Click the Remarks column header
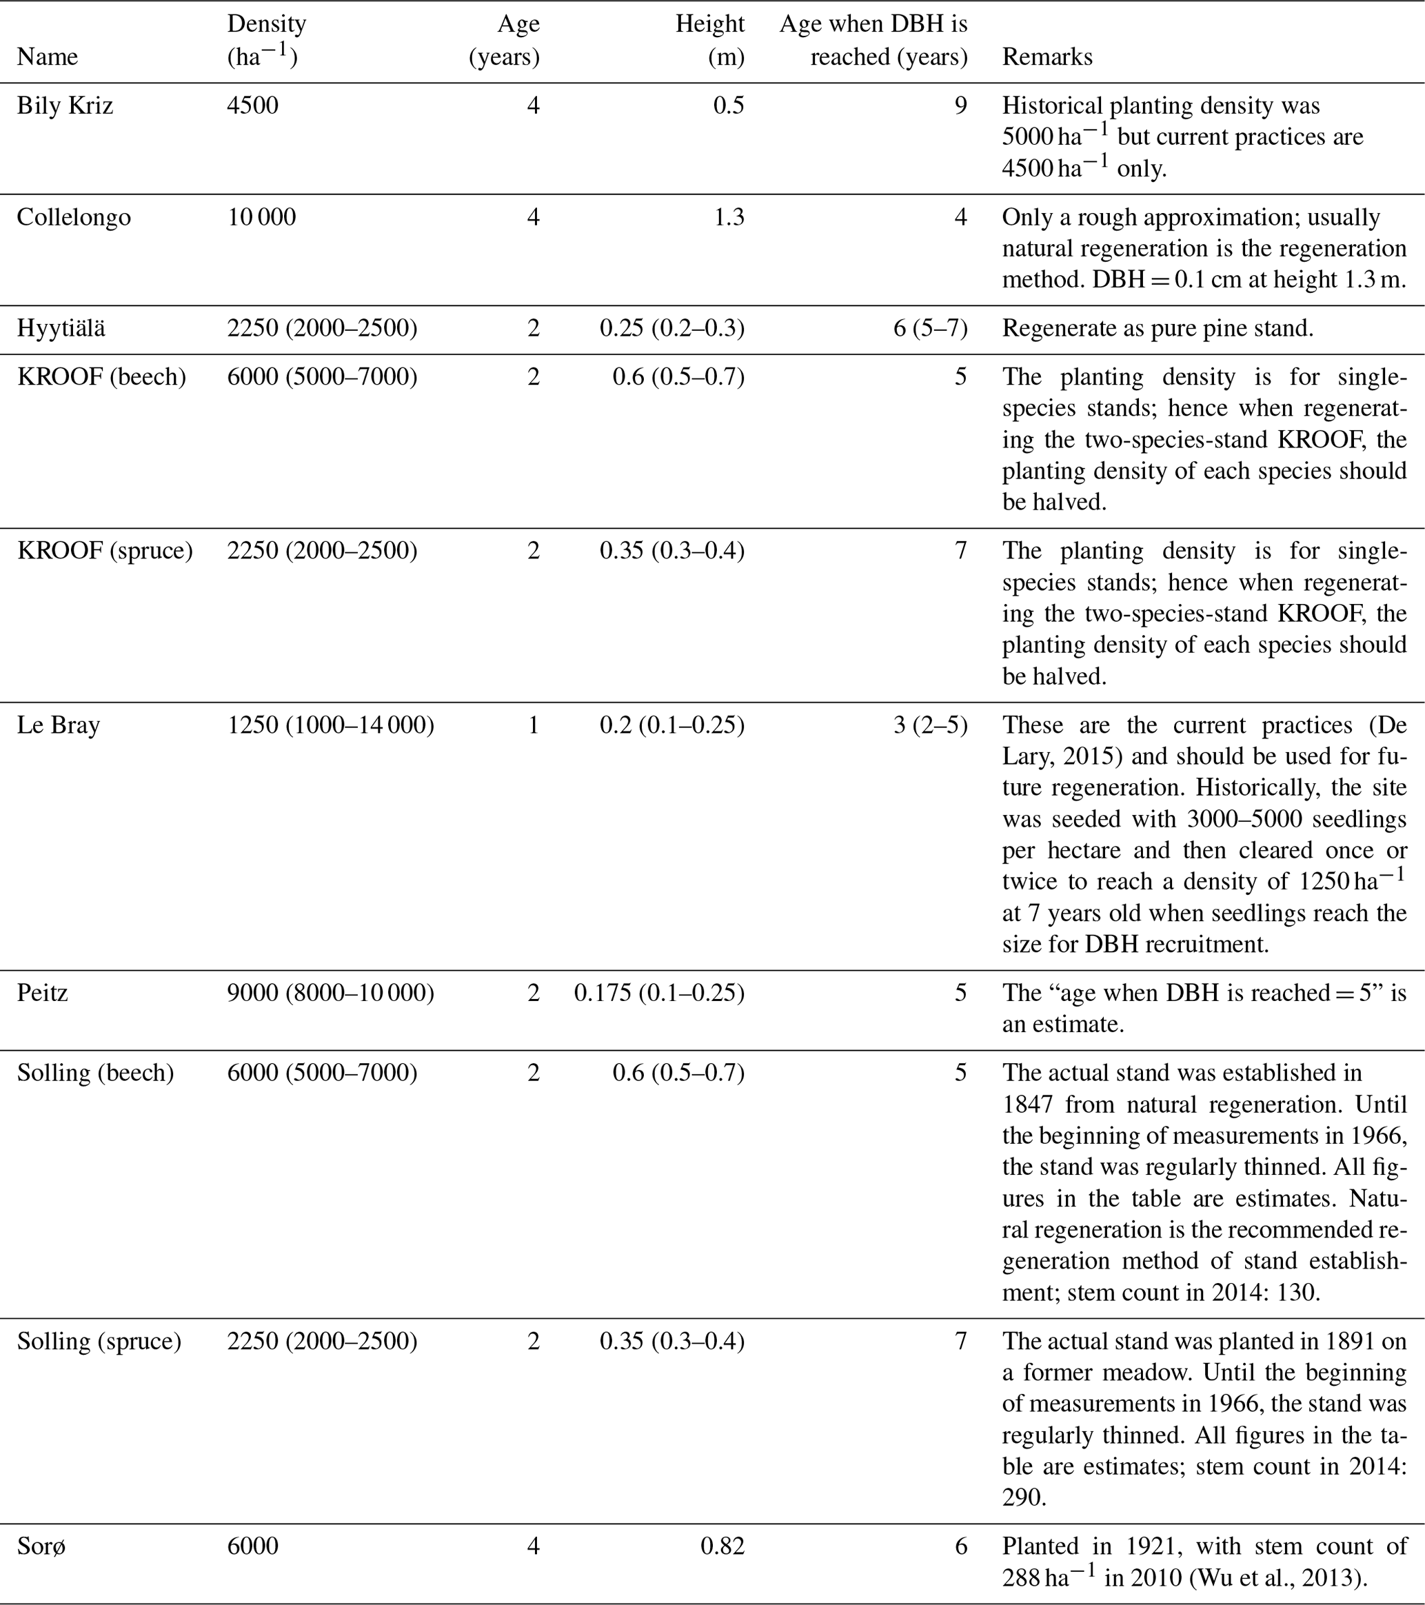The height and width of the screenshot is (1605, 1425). point(1047,57)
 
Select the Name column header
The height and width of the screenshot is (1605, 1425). point(47,57)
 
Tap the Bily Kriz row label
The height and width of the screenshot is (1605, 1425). point(65,105)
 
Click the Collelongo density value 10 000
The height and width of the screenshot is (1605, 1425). point(261,216)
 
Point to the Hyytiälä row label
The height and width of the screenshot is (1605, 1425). point(61,328)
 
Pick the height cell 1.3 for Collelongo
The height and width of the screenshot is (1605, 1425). point(729,216)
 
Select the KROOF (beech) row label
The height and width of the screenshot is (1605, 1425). point(101,377)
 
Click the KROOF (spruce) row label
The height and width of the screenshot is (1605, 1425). point(104,550)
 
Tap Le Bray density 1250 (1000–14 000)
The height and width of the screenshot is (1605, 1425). point(330,724)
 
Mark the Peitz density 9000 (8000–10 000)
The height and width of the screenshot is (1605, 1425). point(330,993)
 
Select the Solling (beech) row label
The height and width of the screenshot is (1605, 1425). point(95,1073)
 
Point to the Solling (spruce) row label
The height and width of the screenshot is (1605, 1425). point(99,1340)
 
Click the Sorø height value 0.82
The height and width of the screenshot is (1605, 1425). point(722,1546)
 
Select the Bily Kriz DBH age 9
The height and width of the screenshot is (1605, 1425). point(960,105)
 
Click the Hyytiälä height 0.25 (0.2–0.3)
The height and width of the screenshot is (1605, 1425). point(672,328)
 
